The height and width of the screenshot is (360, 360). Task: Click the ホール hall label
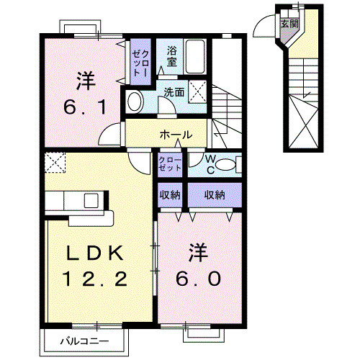175,135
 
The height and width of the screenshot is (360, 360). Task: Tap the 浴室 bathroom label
174,56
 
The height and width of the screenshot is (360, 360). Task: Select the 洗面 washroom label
174,92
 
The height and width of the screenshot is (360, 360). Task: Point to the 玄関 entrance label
289,23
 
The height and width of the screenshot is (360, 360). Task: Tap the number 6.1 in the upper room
81,107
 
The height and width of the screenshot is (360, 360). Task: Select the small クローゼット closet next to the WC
171,164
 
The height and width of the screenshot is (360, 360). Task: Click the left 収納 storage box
171,194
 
